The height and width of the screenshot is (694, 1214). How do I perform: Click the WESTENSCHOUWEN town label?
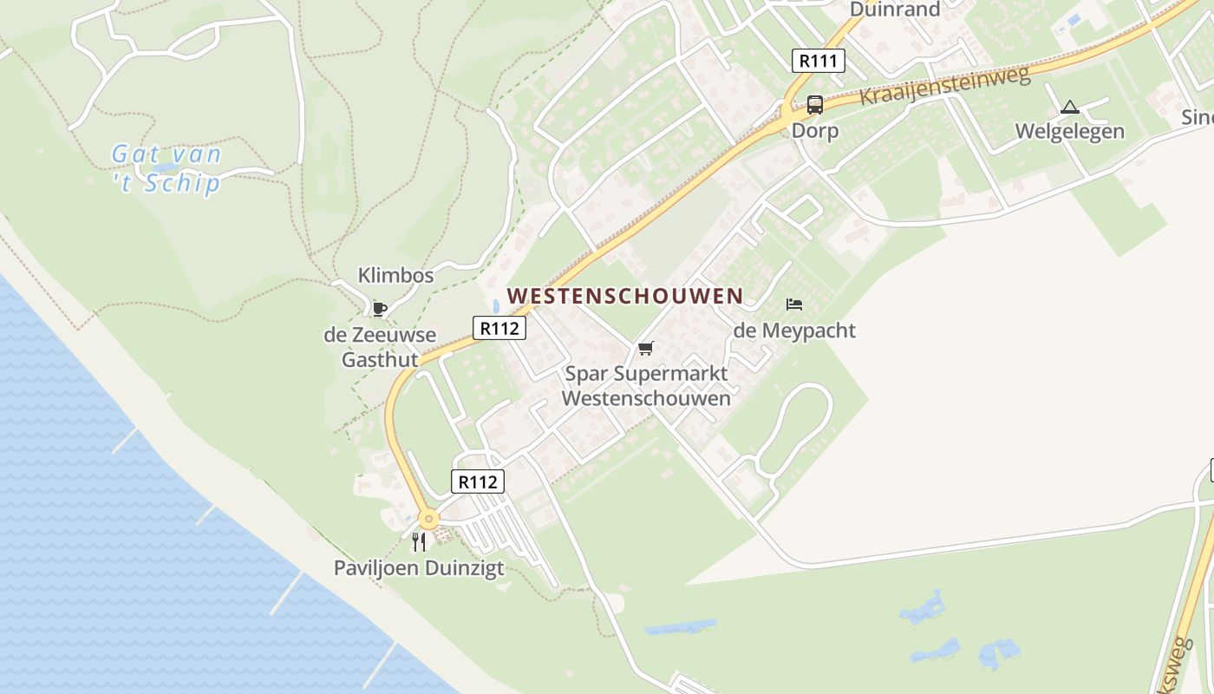click(624, 296)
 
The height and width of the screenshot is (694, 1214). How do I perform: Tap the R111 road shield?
click(818, 61)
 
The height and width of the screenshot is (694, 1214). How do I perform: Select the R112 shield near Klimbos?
click(499, 328)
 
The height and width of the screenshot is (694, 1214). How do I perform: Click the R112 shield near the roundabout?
click(477, 481)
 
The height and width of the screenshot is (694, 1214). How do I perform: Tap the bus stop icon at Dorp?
click(814, 105)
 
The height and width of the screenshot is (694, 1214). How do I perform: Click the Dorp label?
click(814, 131)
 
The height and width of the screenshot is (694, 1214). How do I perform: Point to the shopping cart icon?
click(645, 349)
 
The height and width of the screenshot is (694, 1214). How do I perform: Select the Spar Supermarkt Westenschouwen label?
click(646, 386)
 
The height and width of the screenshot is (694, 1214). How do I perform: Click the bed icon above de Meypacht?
click(793, 304)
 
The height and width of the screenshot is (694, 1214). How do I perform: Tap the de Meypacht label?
click(793, 331)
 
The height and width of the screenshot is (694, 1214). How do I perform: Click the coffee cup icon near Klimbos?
click(379, 308)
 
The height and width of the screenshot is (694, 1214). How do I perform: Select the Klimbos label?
click(395, 276)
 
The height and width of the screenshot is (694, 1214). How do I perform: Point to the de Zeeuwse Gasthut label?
click(380, 347)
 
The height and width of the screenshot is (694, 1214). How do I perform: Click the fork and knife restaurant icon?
click(419, 542)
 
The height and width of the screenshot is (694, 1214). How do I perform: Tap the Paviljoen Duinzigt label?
click(419, 568)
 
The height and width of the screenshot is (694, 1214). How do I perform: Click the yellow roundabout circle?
click(428, 519)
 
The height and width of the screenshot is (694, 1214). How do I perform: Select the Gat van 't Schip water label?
click(166, 169)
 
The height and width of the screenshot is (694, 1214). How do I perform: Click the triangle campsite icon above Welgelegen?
click(1069, 108)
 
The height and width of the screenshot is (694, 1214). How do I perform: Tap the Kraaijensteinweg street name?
click(944, 85)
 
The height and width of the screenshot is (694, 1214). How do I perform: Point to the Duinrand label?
click(895, 10)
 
